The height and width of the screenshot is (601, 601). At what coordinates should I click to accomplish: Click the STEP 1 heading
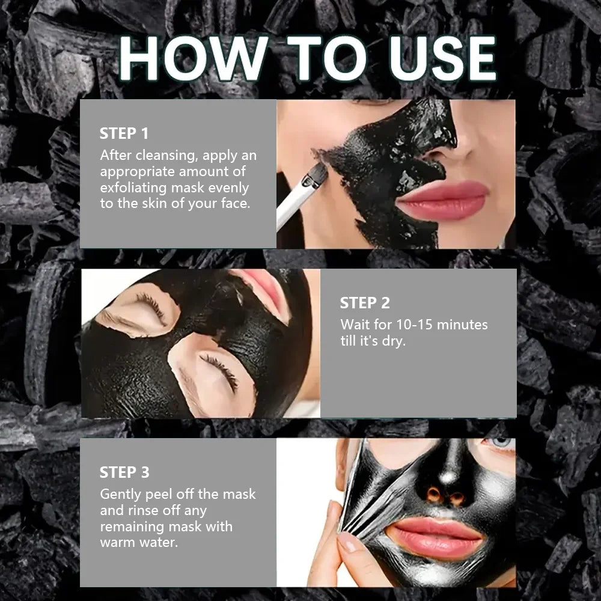click(x=124, y=133)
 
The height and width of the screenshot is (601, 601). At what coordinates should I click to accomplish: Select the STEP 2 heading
click(x=364, y=303)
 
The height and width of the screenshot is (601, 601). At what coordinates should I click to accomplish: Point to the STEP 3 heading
click(x=124, y=472)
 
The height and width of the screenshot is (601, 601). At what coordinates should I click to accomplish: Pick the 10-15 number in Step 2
click(x=413, y=325)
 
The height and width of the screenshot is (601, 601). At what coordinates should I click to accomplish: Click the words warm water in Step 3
click(x=139, y=543)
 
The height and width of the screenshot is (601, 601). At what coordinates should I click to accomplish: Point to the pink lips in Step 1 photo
click(x=442, y=200)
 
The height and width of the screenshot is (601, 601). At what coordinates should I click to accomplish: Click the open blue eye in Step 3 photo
click(x=501, y=443)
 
